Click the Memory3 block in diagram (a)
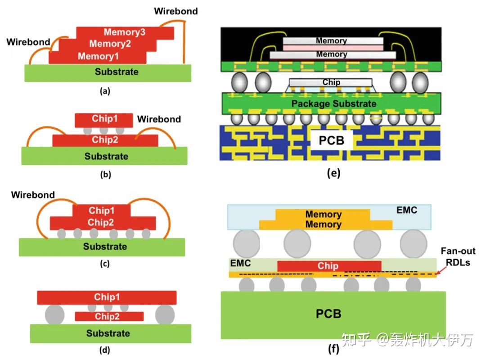click(x=125, y=32)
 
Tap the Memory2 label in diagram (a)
click(x=110, y=44)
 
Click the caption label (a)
click(x=104, y=91)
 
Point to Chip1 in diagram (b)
click(x=104, y=120)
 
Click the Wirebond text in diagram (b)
click(x=159, y=120)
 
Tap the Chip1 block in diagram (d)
click(x=107, y=297)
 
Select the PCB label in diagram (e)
click(x=331, y=140)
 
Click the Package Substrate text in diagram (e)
click(x=333, y=104)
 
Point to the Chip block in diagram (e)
click(x=331, y=82)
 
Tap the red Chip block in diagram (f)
click(x=328, y=266)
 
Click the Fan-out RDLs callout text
click(x=458, y=257)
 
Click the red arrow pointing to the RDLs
click(x=443, y=270)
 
